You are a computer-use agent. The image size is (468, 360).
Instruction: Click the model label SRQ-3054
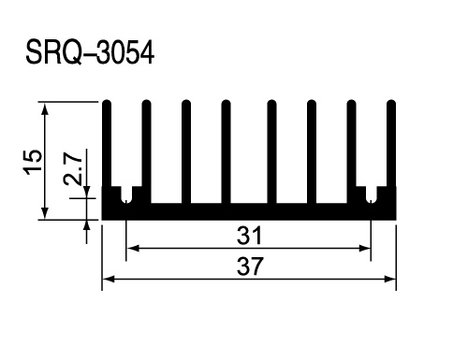coord(90,52)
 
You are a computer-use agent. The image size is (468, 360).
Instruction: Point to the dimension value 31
coord(249,236)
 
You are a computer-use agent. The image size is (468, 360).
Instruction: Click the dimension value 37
coord(250,266)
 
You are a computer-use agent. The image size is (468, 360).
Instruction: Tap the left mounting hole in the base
coord(126,199)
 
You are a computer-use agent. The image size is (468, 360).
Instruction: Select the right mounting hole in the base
coord(371,199)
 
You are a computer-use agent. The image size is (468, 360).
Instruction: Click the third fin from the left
coord(186,151)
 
